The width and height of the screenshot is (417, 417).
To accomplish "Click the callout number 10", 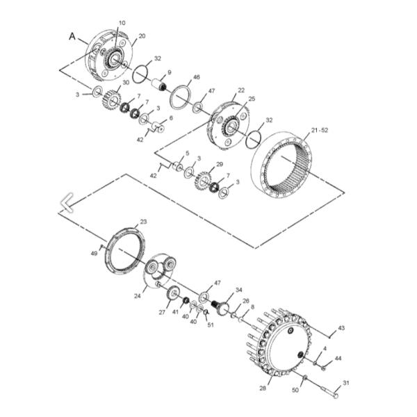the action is (x=122, y=23).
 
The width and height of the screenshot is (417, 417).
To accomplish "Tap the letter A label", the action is (x=72, y=36).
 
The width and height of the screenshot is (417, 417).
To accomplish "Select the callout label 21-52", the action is (x=320, y=130).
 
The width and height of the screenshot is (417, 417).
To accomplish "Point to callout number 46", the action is (x=196, y=77).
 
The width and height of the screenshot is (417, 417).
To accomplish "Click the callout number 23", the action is (x=143, y=222).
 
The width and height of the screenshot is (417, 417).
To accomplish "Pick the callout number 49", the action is (x=94, y=254).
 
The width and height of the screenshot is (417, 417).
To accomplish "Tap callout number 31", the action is (x=345, y=383).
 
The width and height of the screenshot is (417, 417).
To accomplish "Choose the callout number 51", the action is (x=211, y=325).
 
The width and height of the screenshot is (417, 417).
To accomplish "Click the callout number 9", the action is (x=170, y=72).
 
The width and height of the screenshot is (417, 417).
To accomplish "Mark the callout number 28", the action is (x=263, y=388).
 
